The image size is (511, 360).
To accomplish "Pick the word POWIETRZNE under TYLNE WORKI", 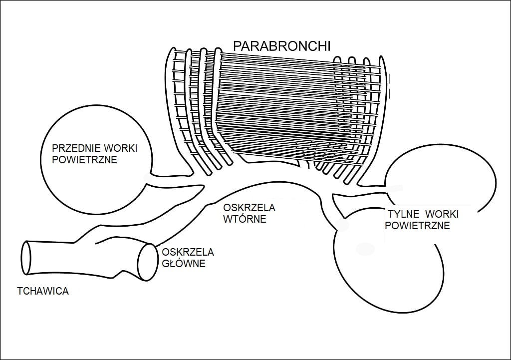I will coord(418,226).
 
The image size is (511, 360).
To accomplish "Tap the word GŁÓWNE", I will coord(181,263).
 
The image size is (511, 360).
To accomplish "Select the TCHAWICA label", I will coord(42,291).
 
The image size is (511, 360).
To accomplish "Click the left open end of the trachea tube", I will coord(26,257).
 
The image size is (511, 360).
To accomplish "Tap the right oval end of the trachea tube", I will coord(145,262).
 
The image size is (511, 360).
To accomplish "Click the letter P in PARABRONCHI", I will coord(238,46).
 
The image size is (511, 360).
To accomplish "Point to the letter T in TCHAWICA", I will coord(19,291).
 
